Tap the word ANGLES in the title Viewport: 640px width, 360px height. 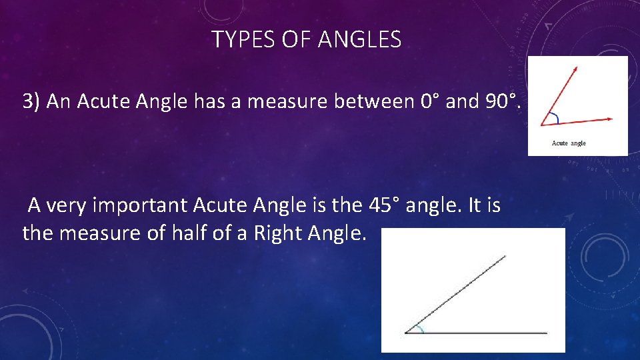[x=359, y=41]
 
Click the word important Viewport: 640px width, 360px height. [x=139, y=206]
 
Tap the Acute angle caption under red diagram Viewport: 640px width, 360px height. [x=569, y=143]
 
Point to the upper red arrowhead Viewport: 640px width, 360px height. [x=576, y=68]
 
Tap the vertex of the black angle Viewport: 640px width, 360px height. [x=405, y=332]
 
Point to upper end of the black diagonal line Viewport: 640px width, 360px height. [x=505, y=255]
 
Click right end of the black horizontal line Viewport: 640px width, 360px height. [x=547, y=332]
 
